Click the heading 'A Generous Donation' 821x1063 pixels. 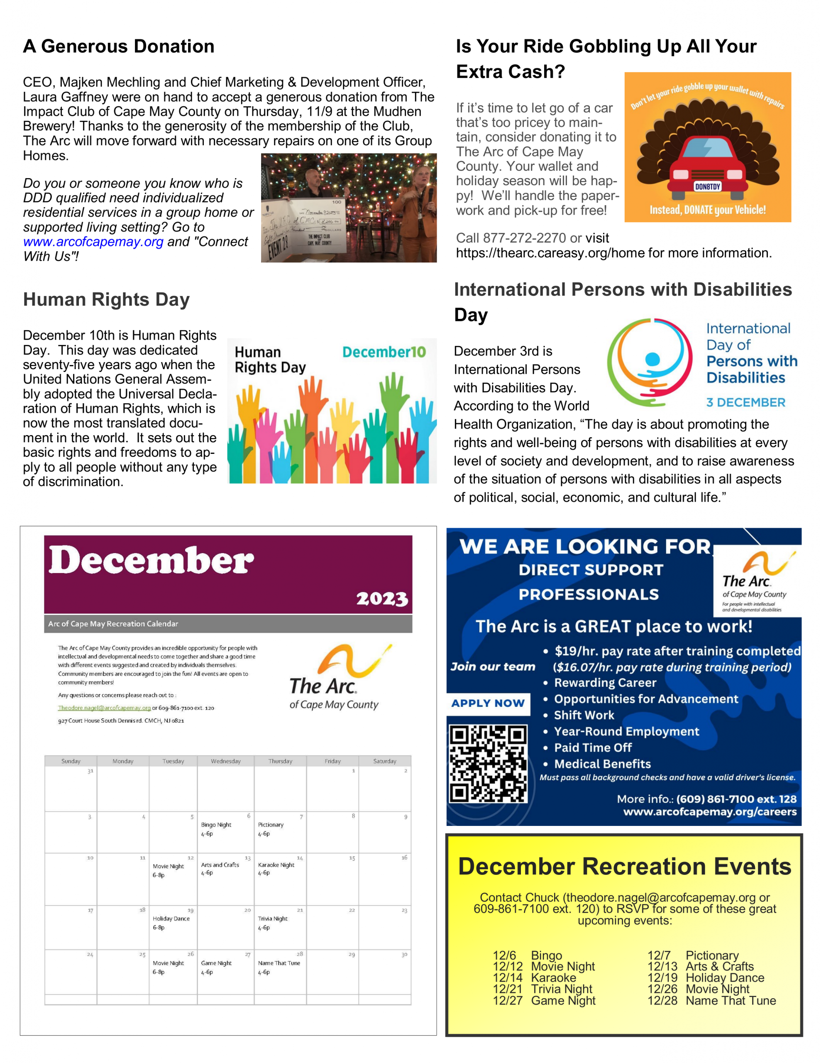point(118,46)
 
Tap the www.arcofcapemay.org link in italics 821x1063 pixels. point(93,242)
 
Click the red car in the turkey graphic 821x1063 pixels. point(707,166)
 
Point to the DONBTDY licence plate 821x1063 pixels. point(707,187)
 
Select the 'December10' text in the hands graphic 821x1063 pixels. point(384,352)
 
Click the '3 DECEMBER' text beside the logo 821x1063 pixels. point(745,402)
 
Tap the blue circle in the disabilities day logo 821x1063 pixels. point(652,359)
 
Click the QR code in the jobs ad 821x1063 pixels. point(488,764)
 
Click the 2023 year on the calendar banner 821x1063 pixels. point(382,599)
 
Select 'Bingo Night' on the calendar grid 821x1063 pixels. point(216,825)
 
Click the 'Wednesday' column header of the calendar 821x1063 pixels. point(225,761)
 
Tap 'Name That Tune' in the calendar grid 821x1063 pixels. point(279,963)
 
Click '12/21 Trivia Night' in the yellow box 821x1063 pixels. point(542,989)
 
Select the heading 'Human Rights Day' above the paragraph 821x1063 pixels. point(106,299)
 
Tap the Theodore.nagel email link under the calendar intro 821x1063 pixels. point(104,708)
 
